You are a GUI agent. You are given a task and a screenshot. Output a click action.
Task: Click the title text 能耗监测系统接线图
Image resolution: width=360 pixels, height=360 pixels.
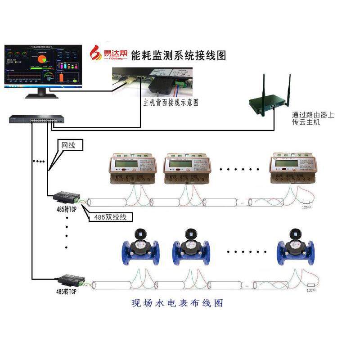(178, 55)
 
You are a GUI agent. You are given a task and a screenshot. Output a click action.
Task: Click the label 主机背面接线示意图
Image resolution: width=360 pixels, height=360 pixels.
(171, 103)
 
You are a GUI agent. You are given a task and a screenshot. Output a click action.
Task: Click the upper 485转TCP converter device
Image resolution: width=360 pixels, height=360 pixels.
(67, 197)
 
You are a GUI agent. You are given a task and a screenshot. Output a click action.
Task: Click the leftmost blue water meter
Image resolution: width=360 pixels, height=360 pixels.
(141, 249)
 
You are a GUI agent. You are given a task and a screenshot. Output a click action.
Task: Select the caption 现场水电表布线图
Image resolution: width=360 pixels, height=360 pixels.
(177, 303)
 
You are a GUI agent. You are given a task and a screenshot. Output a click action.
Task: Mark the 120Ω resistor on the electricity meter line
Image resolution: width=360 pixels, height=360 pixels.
(308, 203)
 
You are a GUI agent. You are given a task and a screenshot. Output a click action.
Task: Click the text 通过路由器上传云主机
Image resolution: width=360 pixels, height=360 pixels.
(313, 119)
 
